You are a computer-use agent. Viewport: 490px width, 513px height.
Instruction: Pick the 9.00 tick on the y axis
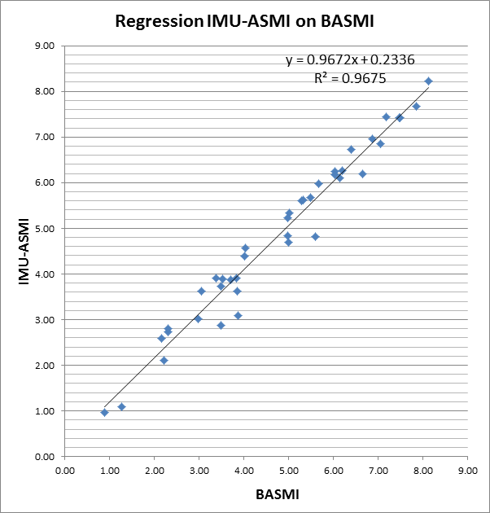tap(42, 46)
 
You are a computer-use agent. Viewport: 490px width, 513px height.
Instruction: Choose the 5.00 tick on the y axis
tap(42, 229)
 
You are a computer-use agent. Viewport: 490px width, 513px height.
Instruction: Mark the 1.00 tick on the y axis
tap(42, 411)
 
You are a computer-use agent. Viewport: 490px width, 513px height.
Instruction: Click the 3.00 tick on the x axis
tap(199, 470)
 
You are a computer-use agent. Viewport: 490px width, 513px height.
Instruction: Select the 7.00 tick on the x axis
tap(378, 470)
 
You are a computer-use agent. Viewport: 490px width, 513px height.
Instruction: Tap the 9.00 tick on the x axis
tap(467, 470)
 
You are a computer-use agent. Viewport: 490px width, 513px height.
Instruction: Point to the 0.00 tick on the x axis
tap(64, 470)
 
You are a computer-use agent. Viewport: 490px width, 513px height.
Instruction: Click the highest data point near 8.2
tap(428, 81)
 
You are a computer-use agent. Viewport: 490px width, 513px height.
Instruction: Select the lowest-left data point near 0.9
tap(104, 412)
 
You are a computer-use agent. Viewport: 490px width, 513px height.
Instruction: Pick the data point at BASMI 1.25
tap(121, 406)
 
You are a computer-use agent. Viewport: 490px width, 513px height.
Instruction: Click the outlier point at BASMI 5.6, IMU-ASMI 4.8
tap(315, 236)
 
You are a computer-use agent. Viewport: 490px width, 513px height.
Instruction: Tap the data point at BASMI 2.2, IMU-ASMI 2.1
tap(164, 360)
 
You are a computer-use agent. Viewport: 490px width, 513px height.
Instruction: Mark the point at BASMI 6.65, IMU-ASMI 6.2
tap(362, 173)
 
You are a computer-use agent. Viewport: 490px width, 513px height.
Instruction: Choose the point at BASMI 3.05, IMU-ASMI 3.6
tap(201, 291)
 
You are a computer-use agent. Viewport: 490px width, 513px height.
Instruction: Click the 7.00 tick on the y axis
tap(42, 138)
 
